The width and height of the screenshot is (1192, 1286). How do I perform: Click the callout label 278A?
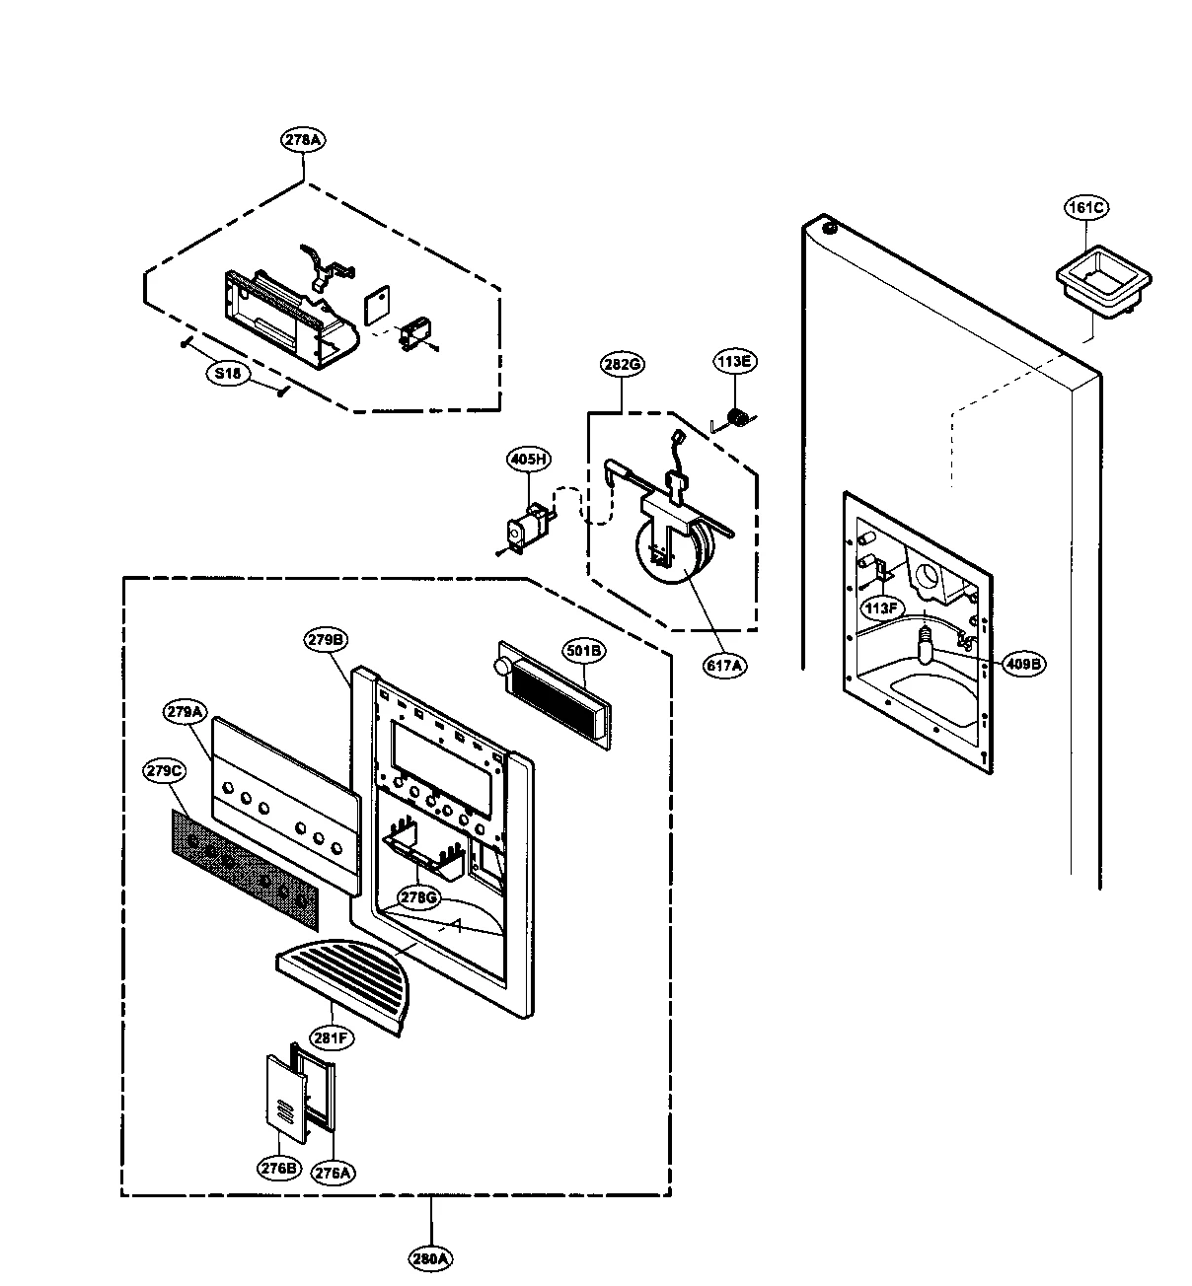click(302, 140)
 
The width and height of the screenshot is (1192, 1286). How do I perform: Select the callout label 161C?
click(1086, 207)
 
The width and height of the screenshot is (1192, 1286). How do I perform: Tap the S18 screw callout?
click(230, 374)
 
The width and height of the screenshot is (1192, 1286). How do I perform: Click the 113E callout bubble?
click(734, 361)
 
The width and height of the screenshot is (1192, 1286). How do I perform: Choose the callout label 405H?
click(529, 459)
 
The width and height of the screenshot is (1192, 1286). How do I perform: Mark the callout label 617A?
click(724, 666)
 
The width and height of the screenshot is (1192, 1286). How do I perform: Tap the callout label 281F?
click(333, 1036)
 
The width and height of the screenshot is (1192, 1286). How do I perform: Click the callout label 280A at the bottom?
click(431, 1258)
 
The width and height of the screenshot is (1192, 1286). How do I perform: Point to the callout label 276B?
click(279, 1169)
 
